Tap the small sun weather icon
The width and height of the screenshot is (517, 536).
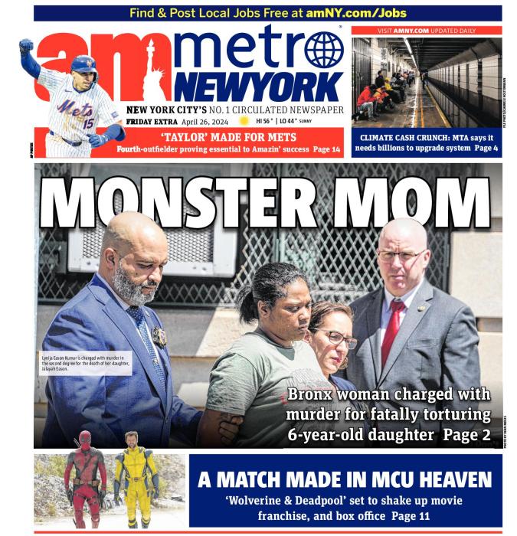pyautogui.click(x=244, y=121)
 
